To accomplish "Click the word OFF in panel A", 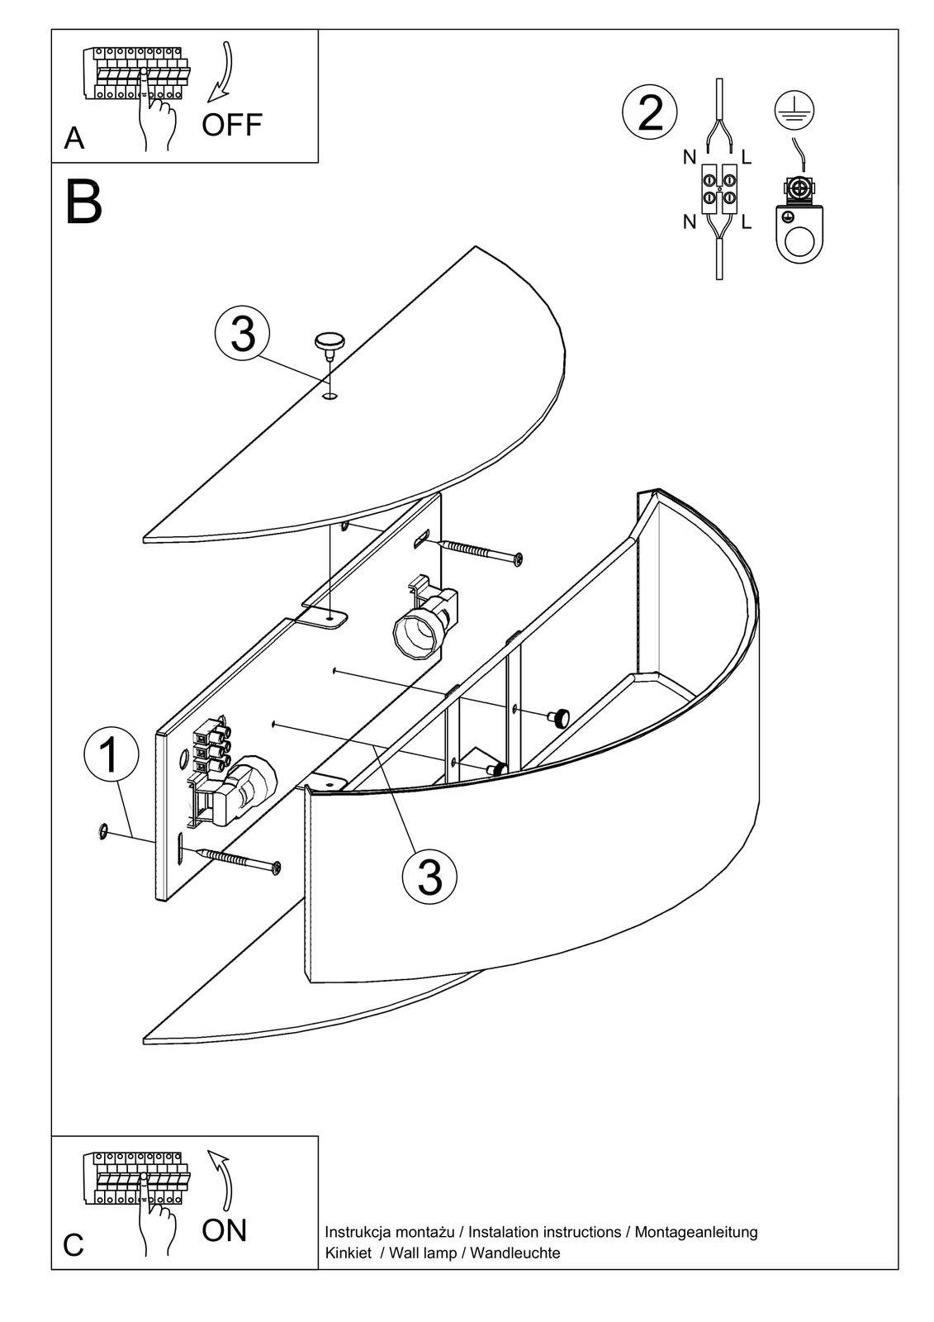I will [x=231, y=125].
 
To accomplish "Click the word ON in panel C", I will [x=224, y=1230].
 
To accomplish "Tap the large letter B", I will [x=83, y=202].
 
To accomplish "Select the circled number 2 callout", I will [x=650, y=113].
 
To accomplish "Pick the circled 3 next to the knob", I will [x=242, y=335].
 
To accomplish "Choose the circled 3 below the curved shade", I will [x=429, y=877].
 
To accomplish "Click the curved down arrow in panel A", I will [x=223, y=70].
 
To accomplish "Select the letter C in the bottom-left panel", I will [x=73, y=1245].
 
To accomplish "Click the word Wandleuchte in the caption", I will [x=515, y=1253].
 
